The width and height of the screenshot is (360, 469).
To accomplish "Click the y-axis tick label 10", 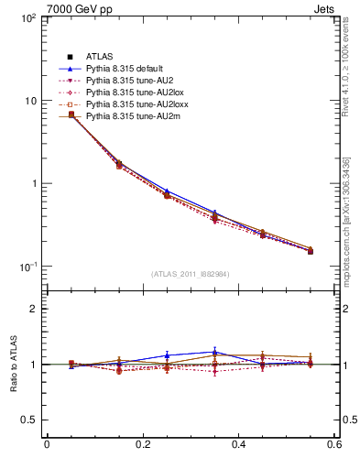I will [x=30, y=101].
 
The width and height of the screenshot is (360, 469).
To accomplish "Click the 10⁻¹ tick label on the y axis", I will [x=27, y=267].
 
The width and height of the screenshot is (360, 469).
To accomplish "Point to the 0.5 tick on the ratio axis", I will [x=29, y=420].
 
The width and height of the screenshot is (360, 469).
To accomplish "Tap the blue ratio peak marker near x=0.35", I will [x=214, y=352].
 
